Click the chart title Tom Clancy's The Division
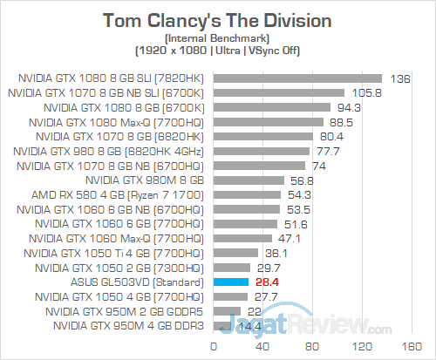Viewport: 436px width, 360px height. pyautogui.click(x=218, y=19)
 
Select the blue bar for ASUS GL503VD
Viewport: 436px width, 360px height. pyautogui.click(x=228, y=282)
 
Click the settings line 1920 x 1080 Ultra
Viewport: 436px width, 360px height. pyautogui.click(x=218, y=51)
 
